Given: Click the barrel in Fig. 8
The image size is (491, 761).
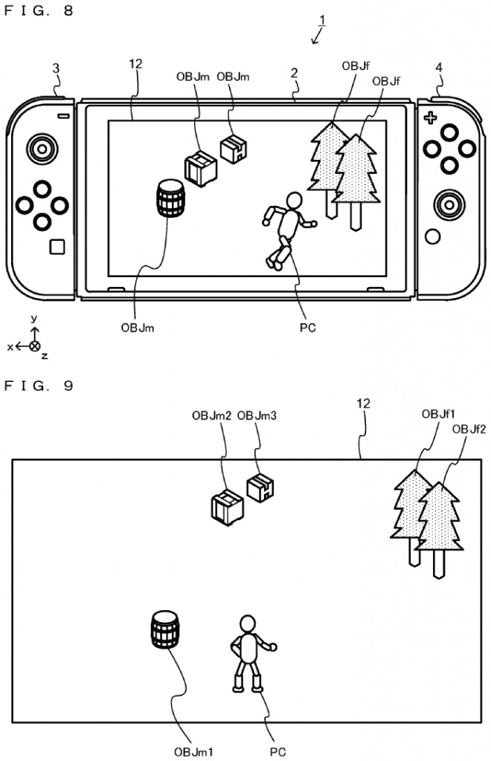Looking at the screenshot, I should [x=170, y=198].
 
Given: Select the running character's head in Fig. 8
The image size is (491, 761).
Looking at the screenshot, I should [x=295, y=201].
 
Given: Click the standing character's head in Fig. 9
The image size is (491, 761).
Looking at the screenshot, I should [x=247, y=624].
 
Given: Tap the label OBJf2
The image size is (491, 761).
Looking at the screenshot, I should [x=469, y=428].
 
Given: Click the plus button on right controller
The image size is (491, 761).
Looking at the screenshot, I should [x=429, y=118].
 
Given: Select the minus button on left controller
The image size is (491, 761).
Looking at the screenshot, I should [x=63, y=117].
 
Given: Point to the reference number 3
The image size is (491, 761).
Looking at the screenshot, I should [x=57, y=69].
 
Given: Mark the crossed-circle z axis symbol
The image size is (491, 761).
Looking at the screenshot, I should [x=34, y=346].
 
